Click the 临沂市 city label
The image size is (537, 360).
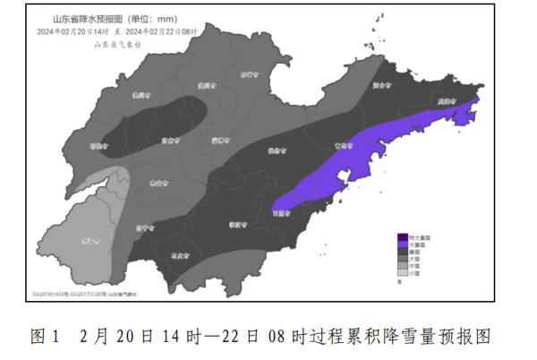(x=237, y=224)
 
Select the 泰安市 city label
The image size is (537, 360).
(x=158, y=182)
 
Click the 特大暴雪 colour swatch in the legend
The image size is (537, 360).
(x=402, y=236)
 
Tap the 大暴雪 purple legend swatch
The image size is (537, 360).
(x=402, y=244)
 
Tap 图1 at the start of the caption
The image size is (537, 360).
(x=43, y=337)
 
